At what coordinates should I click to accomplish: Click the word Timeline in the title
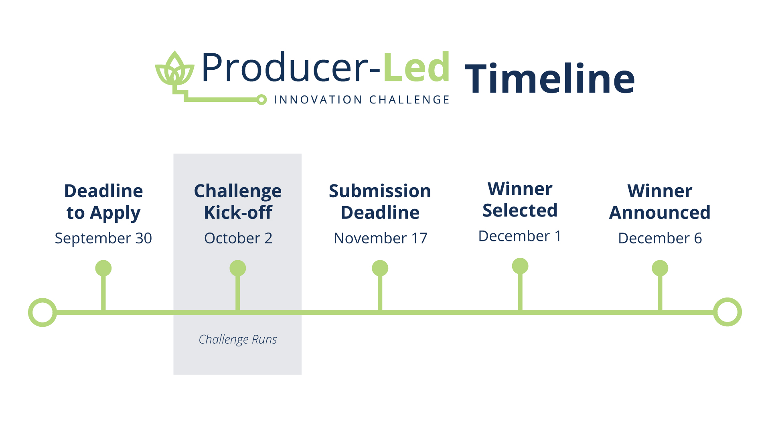[x=550, y=79]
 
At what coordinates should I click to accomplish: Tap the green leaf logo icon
[x=174, y=69]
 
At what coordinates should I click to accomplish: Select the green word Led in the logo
[x=416, y=67]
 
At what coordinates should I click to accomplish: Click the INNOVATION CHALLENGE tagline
[x=361, y=100]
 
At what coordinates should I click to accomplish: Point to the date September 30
[x=103, y=238]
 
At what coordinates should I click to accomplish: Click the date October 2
[x=238, y=238]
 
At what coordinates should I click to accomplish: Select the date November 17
[x=381, y=238]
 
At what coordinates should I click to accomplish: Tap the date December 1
[x=520, y=236]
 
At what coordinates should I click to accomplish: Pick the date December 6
[x=660, y=238]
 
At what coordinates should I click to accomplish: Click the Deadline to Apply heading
[x=103, y=202]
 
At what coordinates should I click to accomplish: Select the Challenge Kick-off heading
[x=238, y=202]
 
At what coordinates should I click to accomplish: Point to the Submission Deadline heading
[x=380, y=202]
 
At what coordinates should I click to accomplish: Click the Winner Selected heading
[x=520, y=200]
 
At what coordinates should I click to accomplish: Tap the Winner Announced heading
[x=660, y=202]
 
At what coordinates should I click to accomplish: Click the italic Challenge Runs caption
[x=238, y=340]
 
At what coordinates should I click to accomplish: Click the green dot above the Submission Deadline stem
[x=380, y=268]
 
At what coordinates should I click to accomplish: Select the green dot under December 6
[x=660, y=268]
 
